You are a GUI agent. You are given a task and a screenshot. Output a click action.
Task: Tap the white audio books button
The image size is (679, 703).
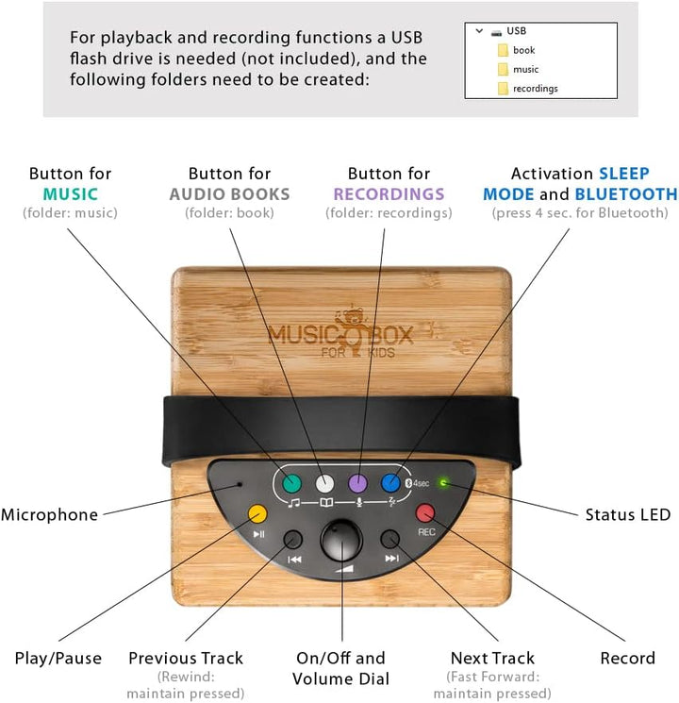point(324,482)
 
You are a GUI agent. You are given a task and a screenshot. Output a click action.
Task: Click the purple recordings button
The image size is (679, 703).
point(357,482)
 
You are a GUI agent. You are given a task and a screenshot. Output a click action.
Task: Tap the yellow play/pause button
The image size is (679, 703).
point(257,513)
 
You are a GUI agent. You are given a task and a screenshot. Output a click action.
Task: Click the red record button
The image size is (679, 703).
point(425,513)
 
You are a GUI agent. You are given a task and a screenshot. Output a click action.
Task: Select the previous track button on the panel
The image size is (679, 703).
point(294,540)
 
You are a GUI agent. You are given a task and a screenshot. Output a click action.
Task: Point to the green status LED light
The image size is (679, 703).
point(444,483)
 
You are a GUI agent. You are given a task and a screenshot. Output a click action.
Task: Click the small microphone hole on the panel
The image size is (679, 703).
point(240,484)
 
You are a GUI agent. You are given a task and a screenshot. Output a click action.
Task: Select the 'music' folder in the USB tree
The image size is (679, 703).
point(525,69)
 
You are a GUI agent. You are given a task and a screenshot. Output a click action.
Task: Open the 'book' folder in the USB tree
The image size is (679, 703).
point(523,49)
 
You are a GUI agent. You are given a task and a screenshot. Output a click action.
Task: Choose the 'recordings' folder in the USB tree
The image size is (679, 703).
point(534,89)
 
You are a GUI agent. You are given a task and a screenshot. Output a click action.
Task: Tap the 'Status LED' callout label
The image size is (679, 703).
point(627,515)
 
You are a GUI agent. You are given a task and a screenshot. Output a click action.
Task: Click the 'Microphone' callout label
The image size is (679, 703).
point(49,515)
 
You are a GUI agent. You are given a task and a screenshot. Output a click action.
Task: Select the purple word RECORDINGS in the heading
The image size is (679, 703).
point(389,194)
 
